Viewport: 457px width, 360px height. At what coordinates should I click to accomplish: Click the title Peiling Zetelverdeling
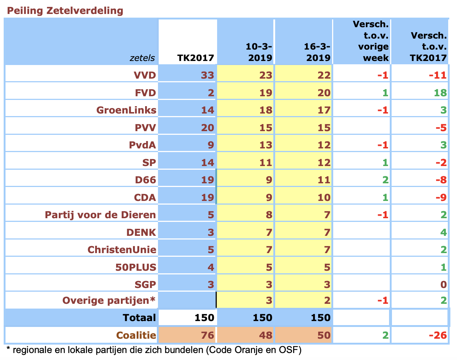point(65,11)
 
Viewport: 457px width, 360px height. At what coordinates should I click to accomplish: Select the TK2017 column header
point(195,58)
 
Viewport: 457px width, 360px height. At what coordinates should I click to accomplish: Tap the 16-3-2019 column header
point(317,52)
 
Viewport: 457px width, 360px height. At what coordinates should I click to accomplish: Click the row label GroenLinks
point(126,110)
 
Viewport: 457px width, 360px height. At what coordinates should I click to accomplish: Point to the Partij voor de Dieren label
point(100,215)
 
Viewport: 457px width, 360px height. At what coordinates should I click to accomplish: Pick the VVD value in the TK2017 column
point(208,75)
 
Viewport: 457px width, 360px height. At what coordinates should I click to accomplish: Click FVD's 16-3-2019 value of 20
point(324,93)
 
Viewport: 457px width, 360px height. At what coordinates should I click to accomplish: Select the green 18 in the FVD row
point(440,93)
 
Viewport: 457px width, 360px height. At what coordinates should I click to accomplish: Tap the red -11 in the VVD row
point(438,75)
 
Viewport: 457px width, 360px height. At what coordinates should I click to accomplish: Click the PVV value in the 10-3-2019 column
point(266,128)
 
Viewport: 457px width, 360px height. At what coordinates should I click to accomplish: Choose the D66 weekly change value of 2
point(385,180)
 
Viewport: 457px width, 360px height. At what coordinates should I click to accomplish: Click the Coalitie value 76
point(208,335)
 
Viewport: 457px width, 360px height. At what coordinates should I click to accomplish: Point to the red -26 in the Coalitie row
point(438,335)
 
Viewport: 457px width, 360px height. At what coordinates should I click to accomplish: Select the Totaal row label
point(139,318)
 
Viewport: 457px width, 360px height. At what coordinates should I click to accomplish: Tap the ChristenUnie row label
point(122,250)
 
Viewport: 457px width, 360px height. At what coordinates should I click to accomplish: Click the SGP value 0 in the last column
point(443,285)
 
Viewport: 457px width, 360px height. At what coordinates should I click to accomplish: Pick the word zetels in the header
point(142,58)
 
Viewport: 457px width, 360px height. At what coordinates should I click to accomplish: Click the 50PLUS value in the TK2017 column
point(211,267)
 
